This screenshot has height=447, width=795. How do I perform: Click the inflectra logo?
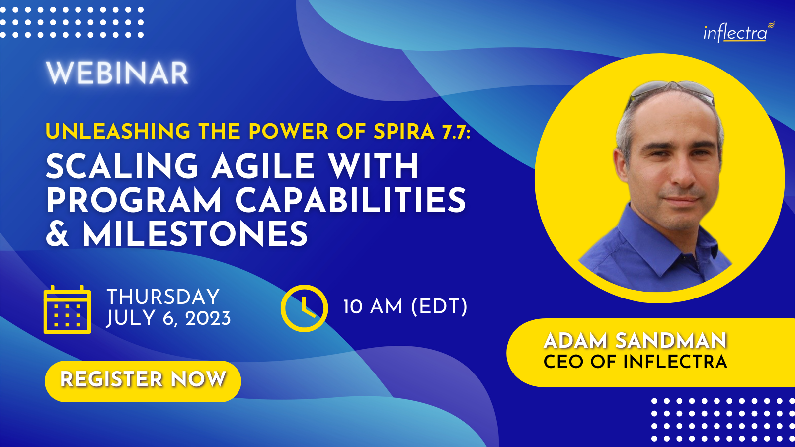click(739, 32)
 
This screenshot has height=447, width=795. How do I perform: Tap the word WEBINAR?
click(117, 73)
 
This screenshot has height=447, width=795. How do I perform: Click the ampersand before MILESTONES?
click(58, 233)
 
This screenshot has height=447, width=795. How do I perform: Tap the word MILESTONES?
click(195, 233)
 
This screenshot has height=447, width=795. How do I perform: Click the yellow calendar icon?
click(67, 309)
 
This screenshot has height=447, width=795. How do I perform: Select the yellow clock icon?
click(304, 308)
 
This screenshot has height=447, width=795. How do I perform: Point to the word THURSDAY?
click(163, 297)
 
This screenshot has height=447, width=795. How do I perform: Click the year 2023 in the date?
click(208, 318)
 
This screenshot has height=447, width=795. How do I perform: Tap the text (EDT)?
click(439, 306)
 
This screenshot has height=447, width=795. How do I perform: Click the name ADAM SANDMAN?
click(636, 341)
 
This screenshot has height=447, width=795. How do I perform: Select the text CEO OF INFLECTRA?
click(636, 362)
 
